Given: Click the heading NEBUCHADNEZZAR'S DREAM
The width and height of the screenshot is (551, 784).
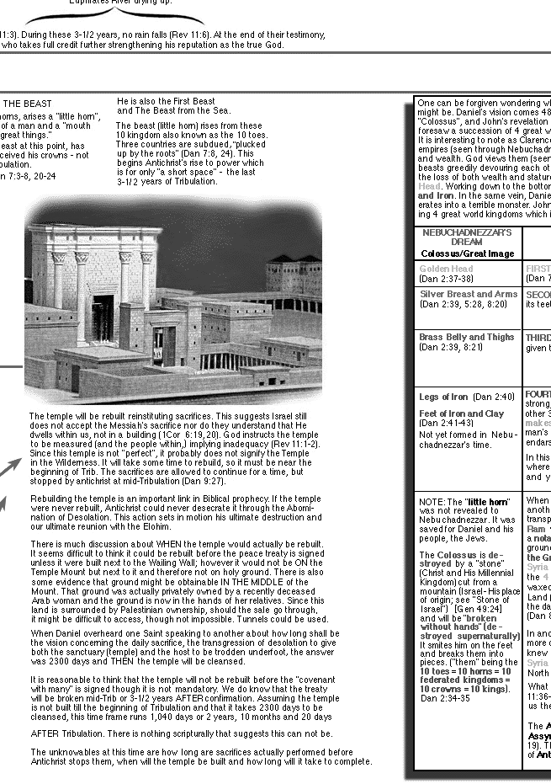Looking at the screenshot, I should [467, 237].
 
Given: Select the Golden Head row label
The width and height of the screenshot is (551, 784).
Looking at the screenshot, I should [446, 269].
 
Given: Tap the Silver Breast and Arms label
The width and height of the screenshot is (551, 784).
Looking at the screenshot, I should [469, 294].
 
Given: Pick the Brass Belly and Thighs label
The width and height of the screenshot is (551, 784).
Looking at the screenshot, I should [466, 337].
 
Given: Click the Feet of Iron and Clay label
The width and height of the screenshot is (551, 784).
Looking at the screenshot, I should [462, 413].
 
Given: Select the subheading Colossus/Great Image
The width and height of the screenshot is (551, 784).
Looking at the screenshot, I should [467, 253].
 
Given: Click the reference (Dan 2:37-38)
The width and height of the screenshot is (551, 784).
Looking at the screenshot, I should [446, 278].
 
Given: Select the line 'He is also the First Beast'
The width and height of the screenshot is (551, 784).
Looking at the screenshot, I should [166, 102].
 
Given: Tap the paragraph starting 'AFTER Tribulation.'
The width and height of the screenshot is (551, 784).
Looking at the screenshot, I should [181, 733].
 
